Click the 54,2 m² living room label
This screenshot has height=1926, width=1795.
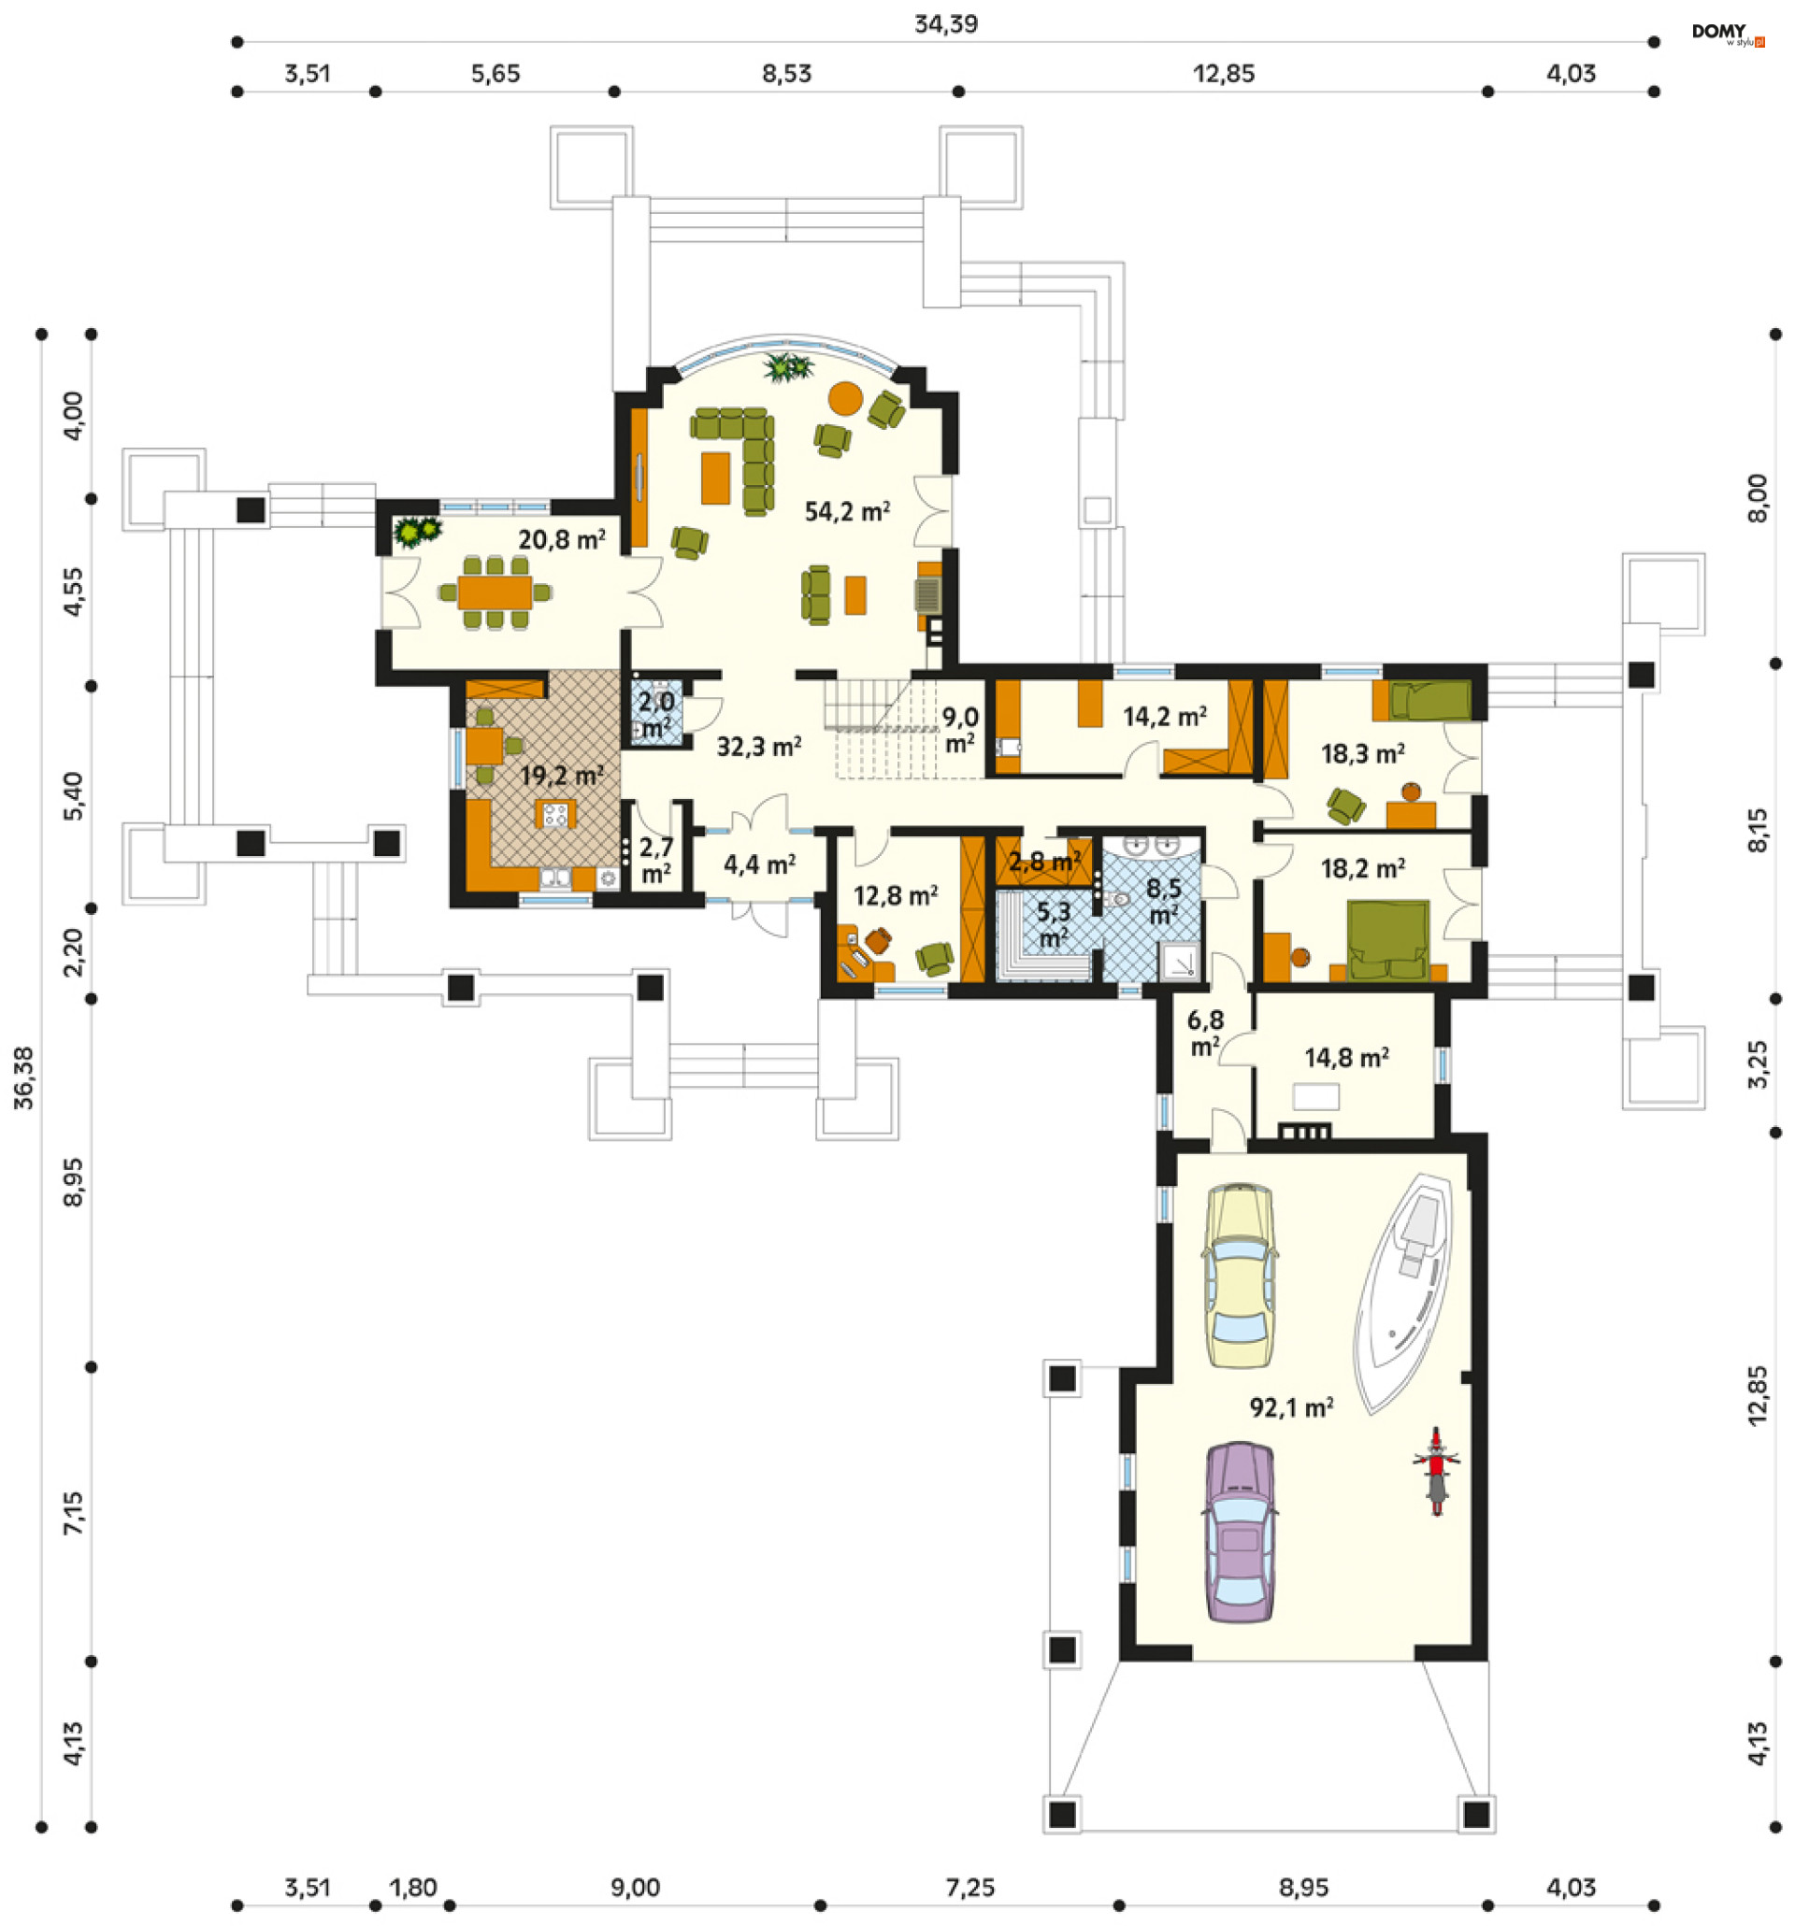click(x=846, y=510)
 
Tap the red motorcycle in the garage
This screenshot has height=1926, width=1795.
click(x=1434, y=1470)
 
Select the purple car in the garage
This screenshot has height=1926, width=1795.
click(x=1238, y=1532)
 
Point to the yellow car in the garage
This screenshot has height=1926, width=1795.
click(x=1238, y=1275)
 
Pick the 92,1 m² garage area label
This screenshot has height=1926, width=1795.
click(x=1290, y=1407)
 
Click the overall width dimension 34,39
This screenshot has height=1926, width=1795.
click(x=945, y=24)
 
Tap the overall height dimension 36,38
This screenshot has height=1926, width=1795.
click(x=23, y=1077)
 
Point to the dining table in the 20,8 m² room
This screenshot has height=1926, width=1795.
click(x=495, y=591)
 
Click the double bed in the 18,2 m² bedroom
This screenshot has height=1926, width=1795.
click(x=1387, y=941)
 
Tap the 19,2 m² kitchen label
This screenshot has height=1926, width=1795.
click(x=561, y=776)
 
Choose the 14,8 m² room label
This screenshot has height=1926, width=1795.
click(x=1345, y=1057)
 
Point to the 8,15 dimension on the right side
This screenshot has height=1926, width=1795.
click(x=1757, y=830)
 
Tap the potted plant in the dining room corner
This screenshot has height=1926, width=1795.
click(x=417, y=531)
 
